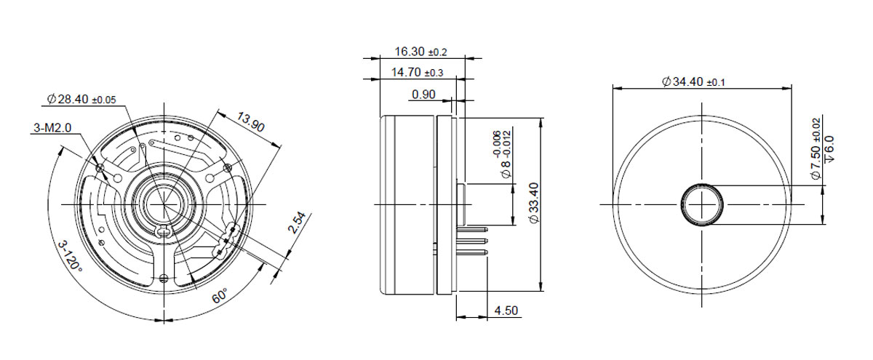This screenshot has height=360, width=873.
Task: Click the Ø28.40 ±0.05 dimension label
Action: [x=81, y=100]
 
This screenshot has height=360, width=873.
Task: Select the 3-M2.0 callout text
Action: [x=52, y=127]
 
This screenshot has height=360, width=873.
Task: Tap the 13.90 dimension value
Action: [x=251, y=122]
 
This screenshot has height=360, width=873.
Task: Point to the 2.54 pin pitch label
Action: [x=298, y=223]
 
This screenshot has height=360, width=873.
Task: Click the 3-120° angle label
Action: [x=70, y=256]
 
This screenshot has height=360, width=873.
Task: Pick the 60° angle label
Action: [x=220, y=296]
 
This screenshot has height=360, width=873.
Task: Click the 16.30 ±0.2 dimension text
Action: [x=421, y=52]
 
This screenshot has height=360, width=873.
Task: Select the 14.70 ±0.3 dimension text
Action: [x=418, y=73]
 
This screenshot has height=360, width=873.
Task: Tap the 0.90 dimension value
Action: [x=423, y=95]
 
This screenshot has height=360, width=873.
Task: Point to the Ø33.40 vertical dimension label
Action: [x=534, y=203]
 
